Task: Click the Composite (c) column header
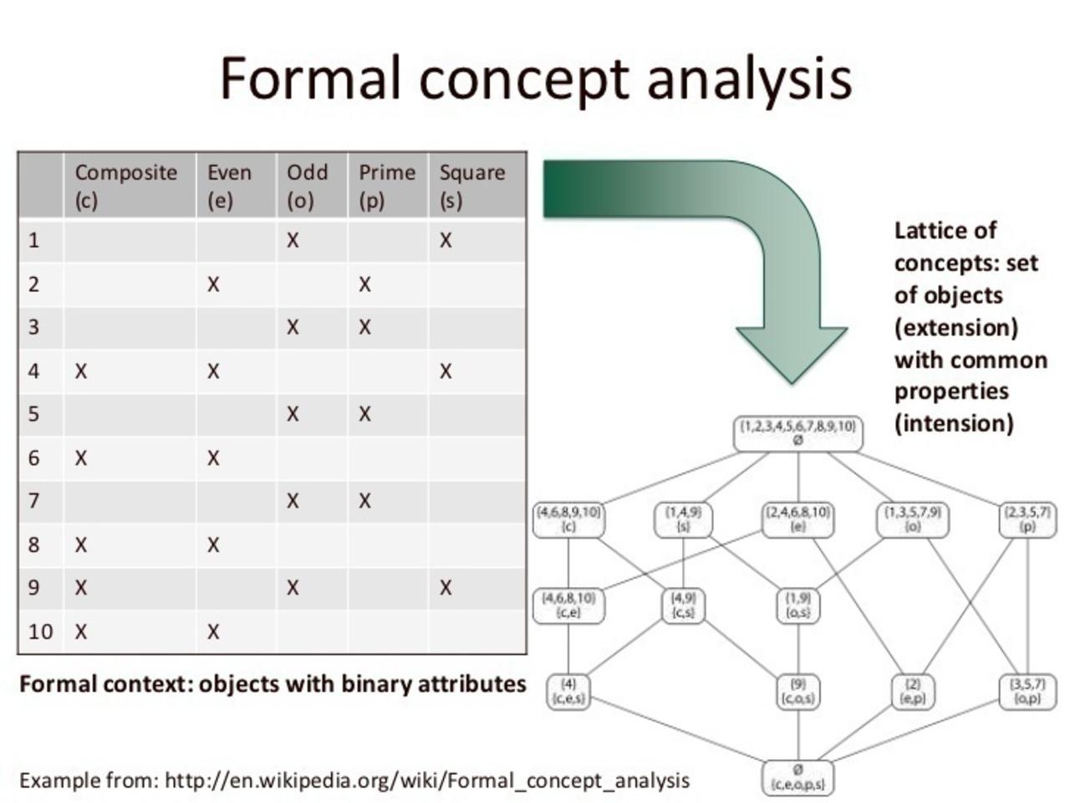(x=126, y=186)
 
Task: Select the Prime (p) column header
(x=386, y=186)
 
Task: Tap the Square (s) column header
(x=472, y=186)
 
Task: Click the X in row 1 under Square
(x=446, y=241)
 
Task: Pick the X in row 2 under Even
(x=213, y=284)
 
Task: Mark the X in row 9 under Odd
(x=293, y=588)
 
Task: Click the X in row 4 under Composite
(x=80, y=371)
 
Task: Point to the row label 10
(x=40, y=632)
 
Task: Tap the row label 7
(x=33, y=501)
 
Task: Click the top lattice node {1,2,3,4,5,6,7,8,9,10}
(x=797, y=433)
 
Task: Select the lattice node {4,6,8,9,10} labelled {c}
(x=568, y=519)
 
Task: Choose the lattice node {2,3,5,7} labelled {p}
(x=1027, y=519)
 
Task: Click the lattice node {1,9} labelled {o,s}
(x=797, y=606)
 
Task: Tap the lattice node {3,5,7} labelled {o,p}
(x=1027, y=691)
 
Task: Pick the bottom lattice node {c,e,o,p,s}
(x=797, y=777)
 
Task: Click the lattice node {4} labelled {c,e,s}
(x=568, y=691)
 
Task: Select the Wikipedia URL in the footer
(x=427, y=781)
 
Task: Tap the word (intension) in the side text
(x=954, y=423)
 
